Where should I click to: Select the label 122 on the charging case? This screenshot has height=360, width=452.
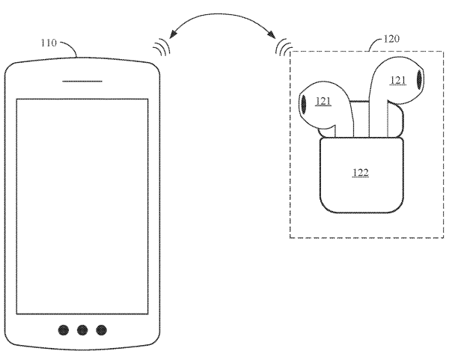pos(360,173)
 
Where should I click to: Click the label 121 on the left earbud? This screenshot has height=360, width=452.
pos(323,101)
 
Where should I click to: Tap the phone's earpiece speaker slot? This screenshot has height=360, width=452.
pos(83,80)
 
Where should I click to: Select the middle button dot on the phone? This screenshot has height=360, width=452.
pos(83,329)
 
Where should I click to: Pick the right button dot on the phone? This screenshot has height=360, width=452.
pos(101,329)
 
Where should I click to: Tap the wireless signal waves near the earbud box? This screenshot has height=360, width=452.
pos(283,48)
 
